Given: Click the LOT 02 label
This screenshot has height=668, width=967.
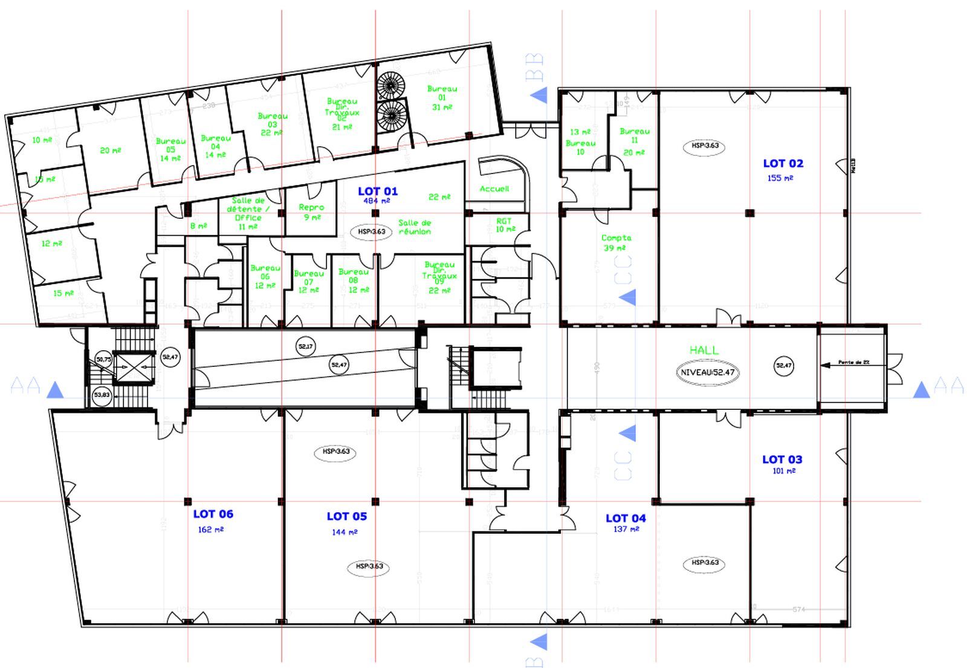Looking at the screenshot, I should coord(783,163).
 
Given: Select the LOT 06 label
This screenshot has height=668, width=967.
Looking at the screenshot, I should coord(213,514).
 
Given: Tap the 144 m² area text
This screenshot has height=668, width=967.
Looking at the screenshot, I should coord(344,532).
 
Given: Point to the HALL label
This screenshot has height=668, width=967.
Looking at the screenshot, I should coord(704,350).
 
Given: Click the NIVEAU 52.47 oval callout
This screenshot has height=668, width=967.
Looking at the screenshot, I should coord(707,372).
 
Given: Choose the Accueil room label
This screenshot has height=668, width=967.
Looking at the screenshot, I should coord(494,189).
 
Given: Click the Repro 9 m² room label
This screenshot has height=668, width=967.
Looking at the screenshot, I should coord(312,212).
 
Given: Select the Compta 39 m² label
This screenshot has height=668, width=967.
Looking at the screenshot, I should coord(616,242).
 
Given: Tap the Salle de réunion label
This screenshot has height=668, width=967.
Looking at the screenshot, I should coord(415,227).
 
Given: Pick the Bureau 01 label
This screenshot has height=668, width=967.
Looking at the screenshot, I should coord(442,97).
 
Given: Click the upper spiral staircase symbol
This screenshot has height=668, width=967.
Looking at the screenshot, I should coord(391,85).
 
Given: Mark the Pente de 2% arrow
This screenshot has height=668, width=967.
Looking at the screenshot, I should coord(852,363).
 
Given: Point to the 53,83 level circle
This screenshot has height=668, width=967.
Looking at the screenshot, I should coord(102,395).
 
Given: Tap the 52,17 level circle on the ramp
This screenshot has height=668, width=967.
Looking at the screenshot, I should coord(306,346).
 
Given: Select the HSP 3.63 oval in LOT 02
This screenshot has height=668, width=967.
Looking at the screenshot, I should coord(705,146).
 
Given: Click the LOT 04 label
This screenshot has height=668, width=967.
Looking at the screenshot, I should coord(626,518).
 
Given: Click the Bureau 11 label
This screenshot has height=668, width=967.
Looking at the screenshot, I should coord(634,141).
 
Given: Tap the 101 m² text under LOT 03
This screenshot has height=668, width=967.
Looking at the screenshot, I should coord(784,471).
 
